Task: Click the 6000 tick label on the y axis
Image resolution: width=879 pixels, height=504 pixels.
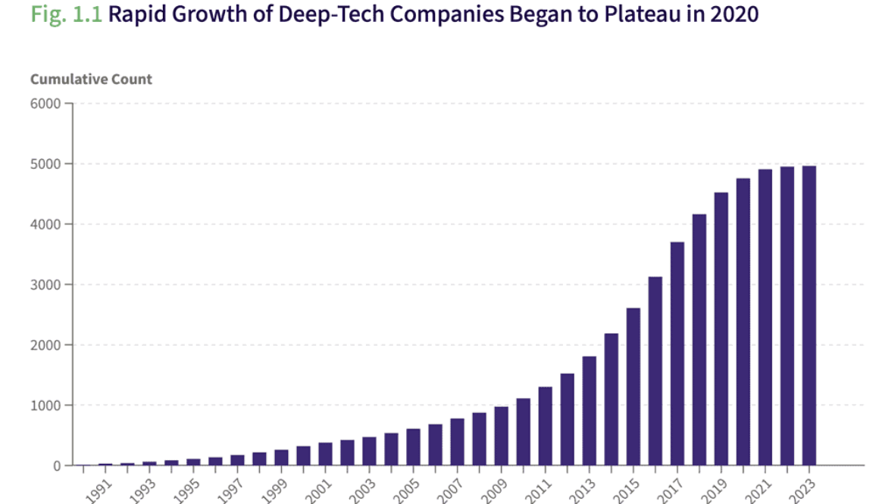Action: click(x=45, y=103)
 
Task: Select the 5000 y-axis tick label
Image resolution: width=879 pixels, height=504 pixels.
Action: click(x=45, y=164)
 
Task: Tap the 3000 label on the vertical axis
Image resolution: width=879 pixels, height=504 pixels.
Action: click(x=45, y=285)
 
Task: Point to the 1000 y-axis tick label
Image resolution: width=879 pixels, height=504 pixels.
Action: click(x=45, y=405)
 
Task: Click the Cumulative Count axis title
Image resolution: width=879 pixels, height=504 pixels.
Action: click(x=91, y=80)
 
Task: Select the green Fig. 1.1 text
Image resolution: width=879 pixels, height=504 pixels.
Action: click(x=66, y=14)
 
